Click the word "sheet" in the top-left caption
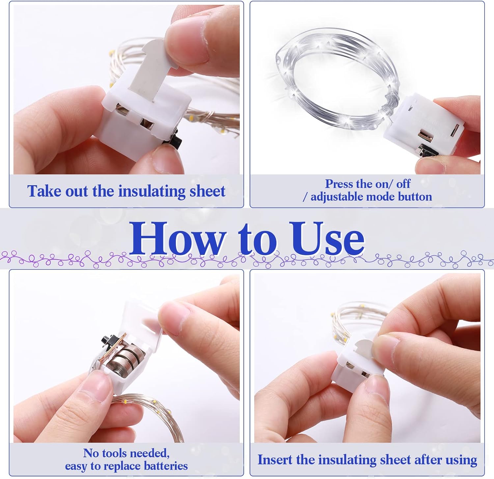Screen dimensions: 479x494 pos(209,191)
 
